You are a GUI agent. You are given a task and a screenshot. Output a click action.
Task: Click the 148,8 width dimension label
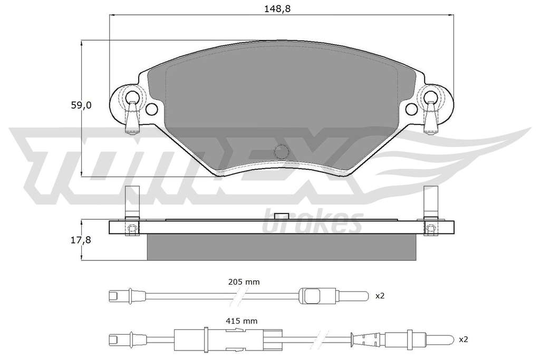[x=277, y=9]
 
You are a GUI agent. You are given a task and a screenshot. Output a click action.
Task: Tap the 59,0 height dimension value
[x=81, y=105]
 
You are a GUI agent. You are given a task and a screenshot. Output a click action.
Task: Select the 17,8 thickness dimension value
[x=81, y=240]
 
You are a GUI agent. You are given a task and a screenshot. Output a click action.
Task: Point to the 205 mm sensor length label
[x=244, y=282]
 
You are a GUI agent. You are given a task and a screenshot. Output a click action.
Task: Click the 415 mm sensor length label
[x=242, y=321]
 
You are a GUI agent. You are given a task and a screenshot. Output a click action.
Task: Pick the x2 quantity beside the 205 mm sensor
[x=380, y=295]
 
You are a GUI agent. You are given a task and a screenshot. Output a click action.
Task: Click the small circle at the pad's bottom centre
[x=282, y=151]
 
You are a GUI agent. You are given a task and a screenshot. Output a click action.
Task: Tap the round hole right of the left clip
[x=151, y=110]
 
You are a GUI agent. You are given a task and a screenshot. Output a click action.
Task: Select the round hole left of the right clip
[x=411, y=109]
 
